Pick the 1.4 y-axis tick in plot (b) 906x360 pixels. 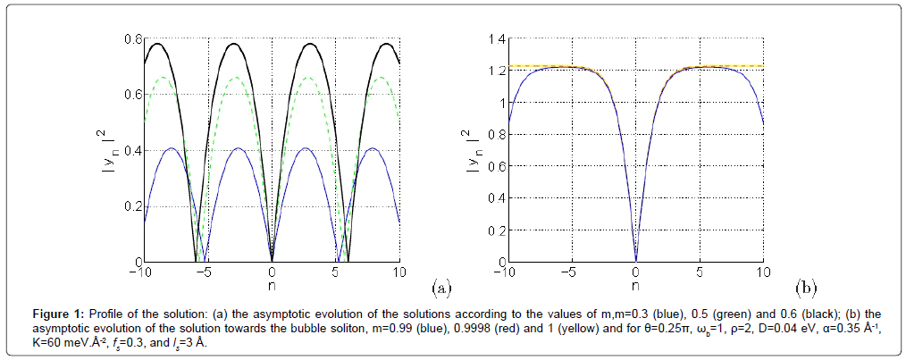(x=496, y=38)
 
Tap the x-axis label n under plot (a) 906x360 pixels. (x=273, y=285)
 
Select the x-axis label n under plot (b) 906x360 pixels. (x=635, y=285)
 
